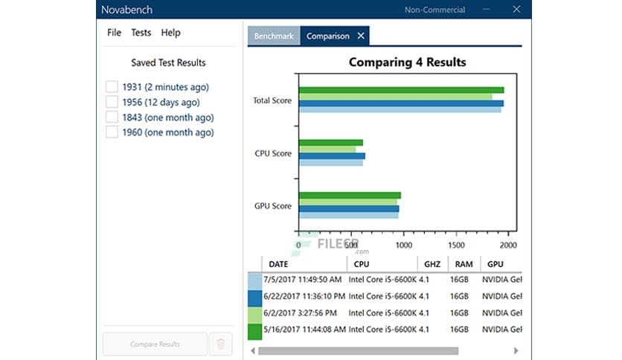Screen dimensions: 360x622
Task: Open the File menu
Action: (114, 33)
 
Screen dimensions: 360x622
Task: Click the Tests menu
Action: (141, 33)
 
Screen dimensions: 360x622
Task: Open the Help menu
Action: (170, 33)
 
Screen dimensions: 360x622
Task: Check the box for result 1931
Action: (112, 87)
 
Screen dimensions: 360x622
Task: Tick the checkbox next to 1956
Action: (112, 102)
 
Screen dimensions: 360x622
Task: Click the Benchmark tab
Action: (274, 36)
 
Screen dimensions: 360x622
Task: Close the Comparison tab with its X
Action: (361, 36)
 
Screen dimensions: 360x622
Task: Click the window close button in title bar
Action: (516, 10)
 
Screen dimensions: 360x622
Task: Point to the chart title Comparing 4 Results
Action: (407, 62)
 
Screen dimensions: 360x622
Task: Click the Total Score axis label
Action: (272, 100)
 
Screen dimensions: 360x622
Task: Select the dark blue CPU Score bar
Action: (332, 156)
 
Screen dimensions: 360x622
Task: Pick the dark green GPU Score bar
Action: (350, 196)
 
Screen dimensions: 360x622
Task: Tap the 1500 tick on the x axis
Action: (456, 245)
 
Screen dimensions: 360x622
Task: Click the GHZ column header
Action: (432, 264)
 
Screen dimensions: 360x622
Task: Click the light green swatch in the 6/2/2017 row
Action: (254, 312)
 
